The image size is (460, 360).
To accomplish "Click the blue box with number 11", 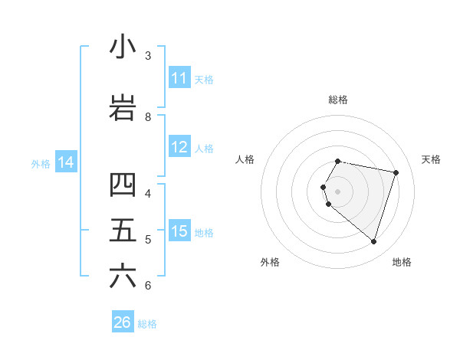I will pyautogui.click(x=179, y=78).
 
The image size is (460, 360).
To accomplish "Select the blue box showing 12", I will pyautogui.click(x=179, y=148).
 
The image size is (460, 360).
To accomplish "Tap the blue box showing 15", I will pyautogui.click(x=179, y=231).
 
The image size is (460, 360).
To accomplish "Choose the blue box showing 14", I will pyautogui.click(x=66, y=162).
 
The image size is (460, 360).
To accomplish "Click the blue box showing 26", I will pyautogui.click(x=123, y=322).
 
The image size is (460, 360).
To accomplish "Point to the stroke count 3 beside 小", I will pyautogui.click(x=148, y=55).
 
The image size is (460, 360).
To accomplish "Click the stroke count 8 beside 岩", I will pyautogui.click(x=148, y=116).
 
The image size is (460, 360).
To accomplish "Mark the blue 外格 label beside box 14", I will pyautogui.click(x=41, y=163).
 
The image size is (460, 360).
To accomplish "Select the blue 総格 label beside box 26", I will pyautogui.click(x=147, y=324).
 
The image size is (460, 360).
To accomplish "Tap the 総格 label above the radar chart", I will pyautogui.click(x=338, y=100).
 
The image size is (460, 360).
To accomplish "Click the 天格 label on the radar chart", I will pyautogui.click(x=431, y=159).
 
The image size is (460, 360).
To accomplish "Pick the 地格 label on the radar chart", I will pyautogui.click(x=402, y=262).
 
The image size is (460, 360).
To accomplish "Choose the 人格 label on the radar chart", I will pyautogui.click(x=245, y=159).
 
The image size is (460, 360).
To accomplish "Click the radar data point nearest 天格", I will pyautogui.click(x=396, y=172).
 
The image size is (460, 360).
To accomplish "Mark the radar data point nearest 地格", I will pyautogui.click(x=373, y=242).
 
